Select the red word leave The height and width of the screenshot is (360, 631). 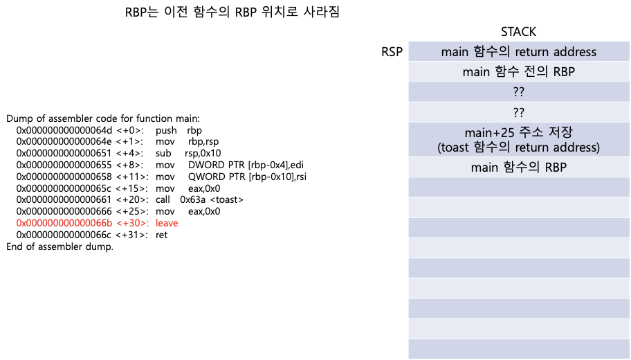(167, 223)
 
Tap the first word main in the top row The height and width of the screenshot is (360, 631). (455, 52)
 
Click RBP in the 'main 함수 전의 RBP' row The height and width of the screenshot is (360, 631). (563, 72)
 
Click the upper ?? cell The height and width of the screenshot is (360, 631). (518, 92)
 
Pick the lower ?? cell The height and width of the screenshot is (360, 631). (518, 112)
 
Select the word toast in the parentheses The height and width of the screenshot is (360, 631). (455, 147)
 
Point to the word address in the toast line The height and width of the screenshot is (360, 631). (574, 147)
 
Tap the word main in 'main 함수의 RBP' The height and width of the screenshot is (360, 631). (485, 167)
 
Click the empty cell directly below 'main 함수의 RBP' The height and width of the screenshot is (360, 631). (518, 188)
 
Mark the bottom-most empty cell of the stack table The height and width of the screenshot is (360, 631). (518, 349)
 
